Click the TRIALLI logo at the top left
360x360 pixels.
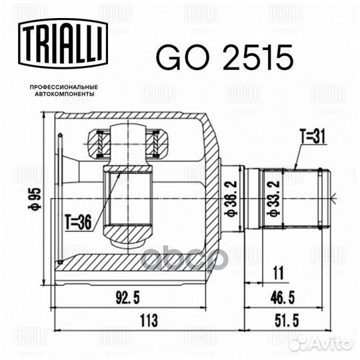[x=63, y=43]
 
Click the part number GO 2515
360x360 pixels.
[x=225, y=57]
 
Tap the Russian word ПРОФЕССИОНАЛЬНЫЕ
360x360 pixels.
[x=64, y=87]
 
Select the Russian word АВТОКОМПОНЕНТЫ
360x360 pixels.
[x=65, y=94]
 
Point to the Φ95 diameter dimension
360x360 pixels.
[x=35, y=199]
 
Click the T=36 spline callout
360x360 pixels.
[x=78, y=223]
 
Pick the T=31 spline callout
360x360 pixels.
[x=313, y=136]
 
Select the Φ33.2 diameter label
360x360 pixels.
[x=273, y=199]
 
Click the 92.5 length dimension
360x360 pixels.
[x=127, y=298]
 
